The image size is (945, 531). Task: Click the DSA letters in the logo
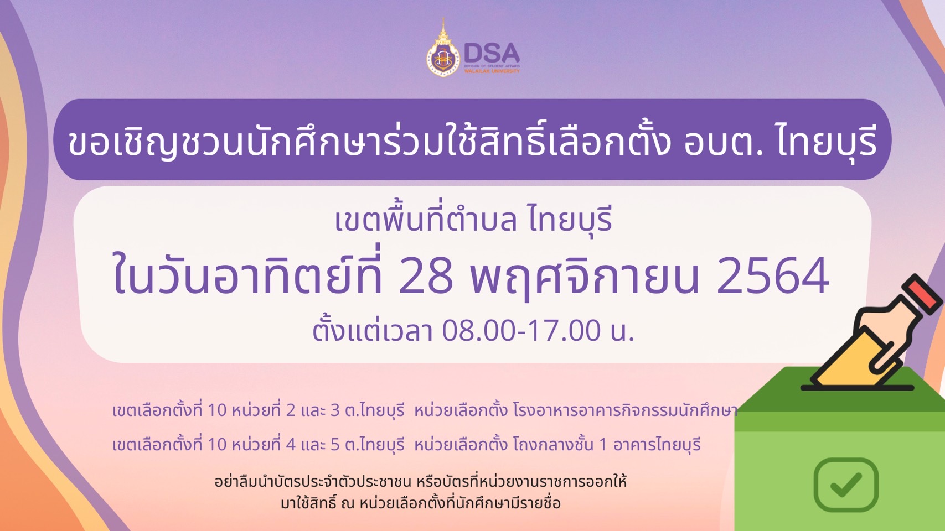(492, 54)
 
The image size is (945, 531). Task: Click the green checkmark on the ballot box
(846, 485)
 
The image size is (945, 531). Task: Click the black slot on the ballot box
(856, 388)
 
